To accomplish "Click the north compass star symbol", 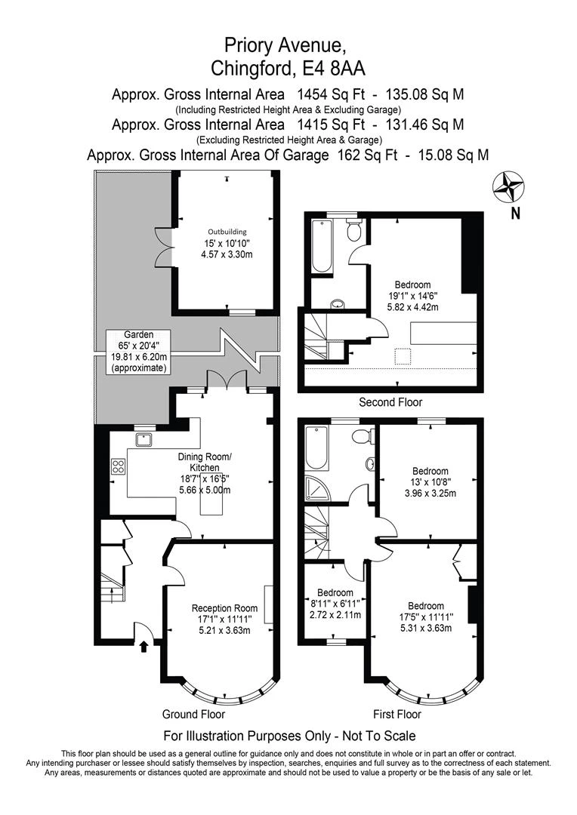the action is click(x=508, y=188).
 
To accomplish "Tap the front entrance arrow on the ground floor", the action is click(x=144, y=646).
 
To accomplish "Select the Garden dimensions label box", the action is click(x=139, y=352).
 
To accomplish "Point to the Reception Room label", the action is click(x=225, y=608).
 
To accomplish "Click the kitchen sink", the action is click(x=143, y=440).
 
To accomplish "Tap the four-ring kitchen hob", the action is click(x=118, y=466).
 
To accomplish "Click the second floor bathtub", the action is click(x=321, y=245).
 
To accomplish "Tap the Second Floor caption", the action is click(x=390, y=401).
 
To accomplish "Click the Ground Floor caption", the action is click(x=193, y=714).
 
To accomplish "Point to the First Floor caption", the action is click(x=397, y=714).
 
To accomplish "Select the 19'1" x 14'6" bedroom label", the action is click(x=412, y=296).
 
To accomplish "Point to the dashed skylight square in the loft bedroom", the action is click(x=403, y=355).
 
